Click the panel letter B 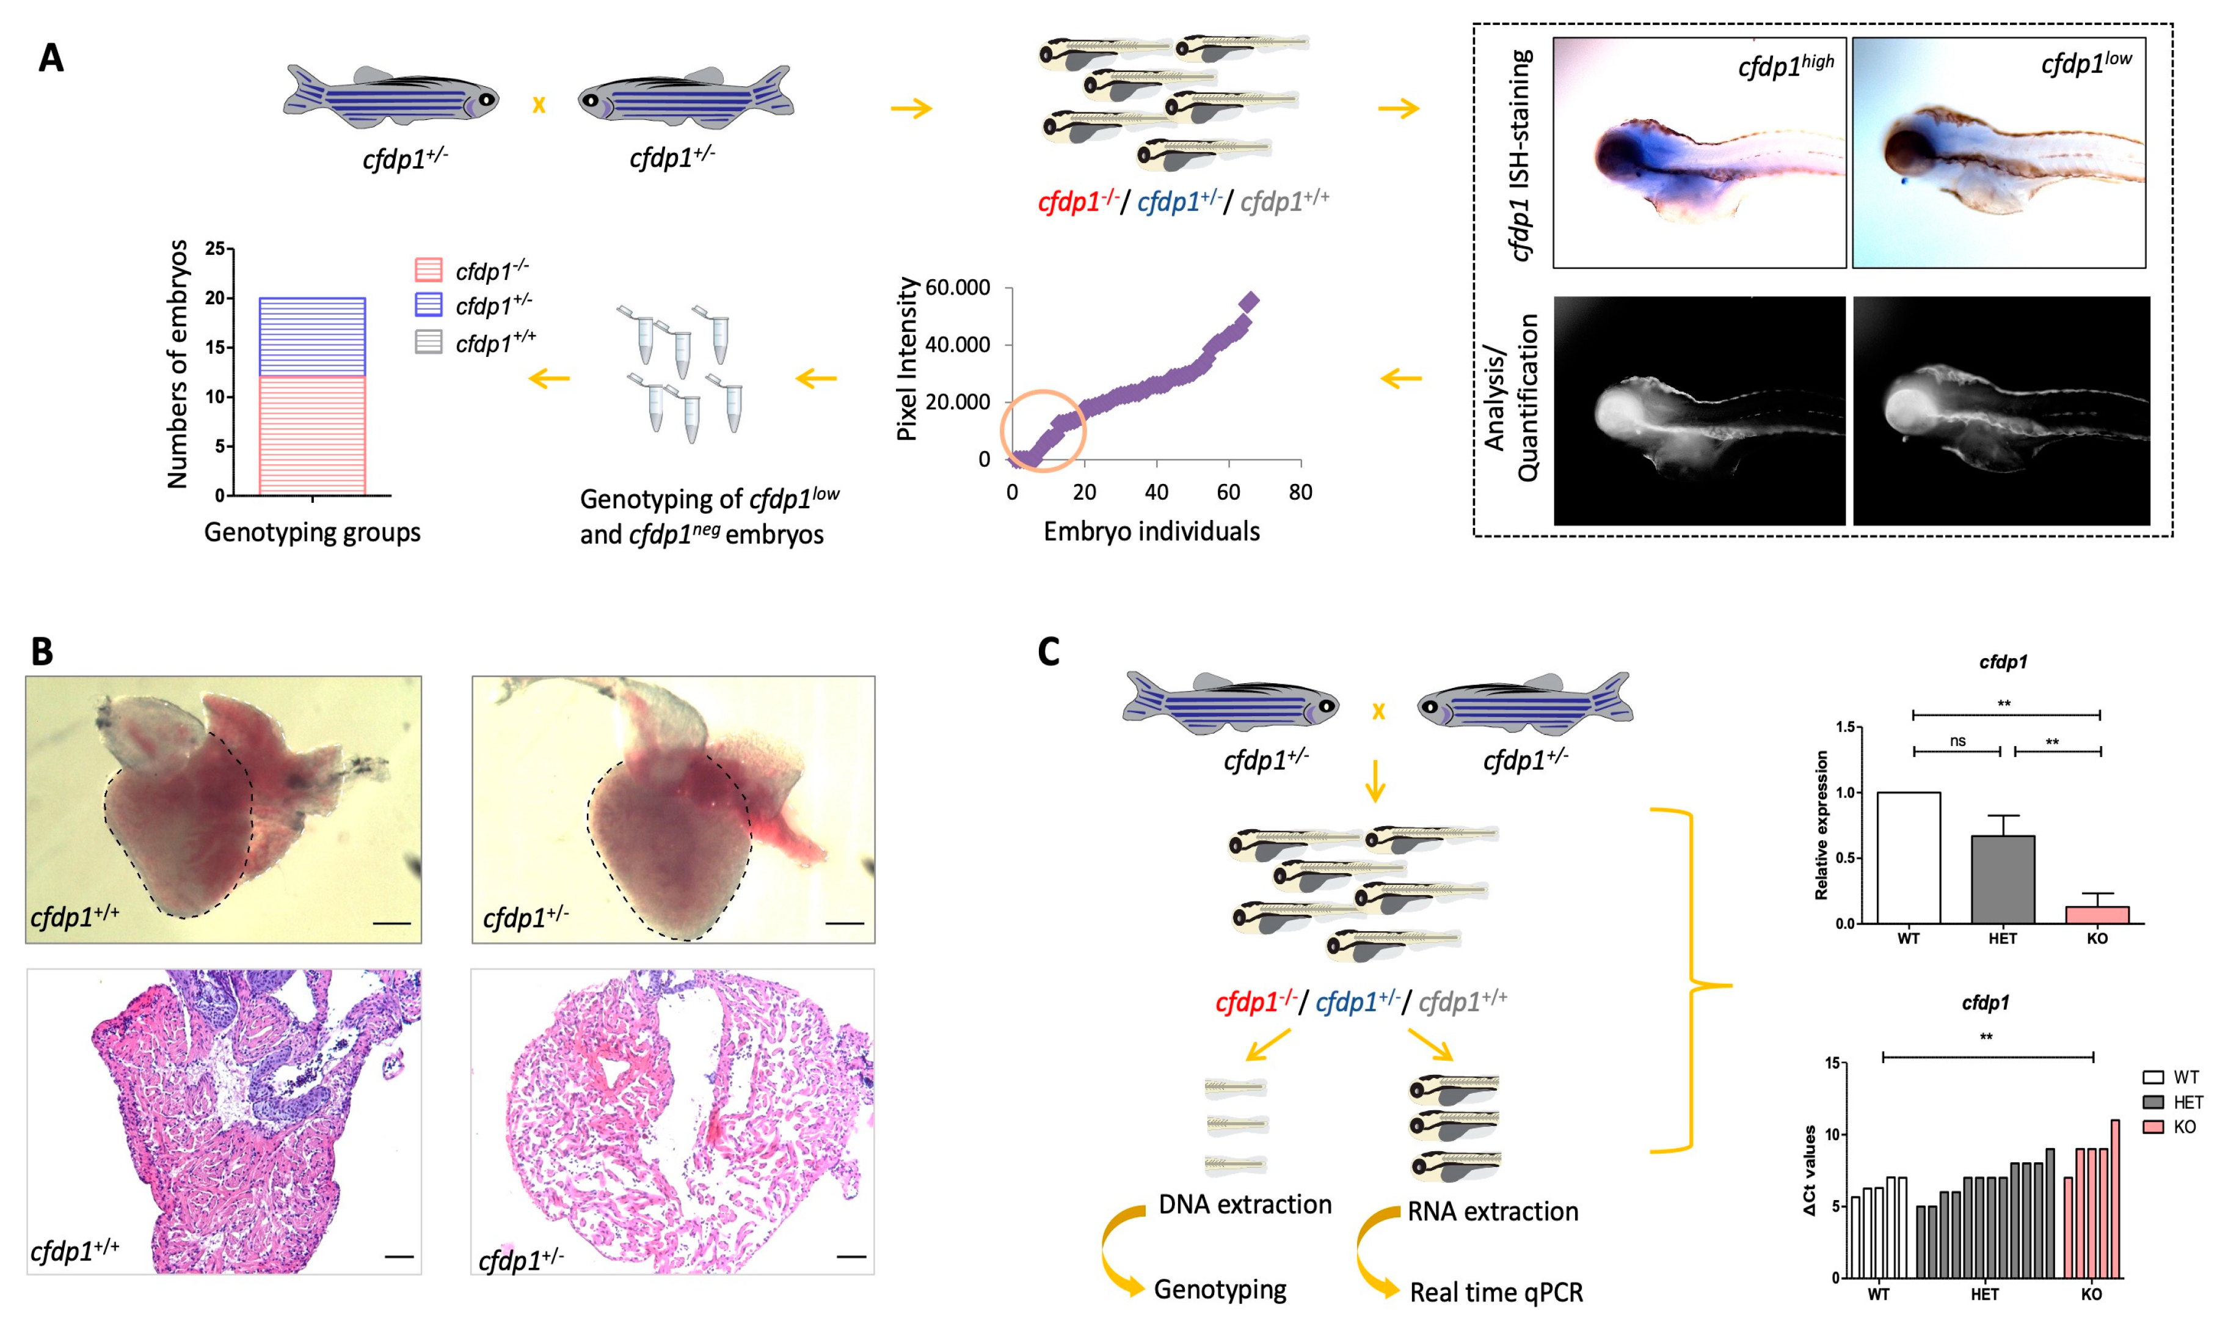pos(42,651)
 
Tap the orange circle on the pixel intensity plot pos(1043,431)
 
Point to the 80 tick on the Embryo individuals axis pos(1300,492)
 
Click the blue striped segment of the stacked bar pos(311,337)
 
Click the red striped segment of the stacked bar pos(311,435)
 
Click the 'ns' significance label pos(1957,741)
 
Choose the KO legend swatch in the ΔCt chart pos(2152,1127)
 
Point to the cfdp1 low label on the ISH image pos(2086,64)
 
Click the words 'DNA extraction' pos(1244,1204)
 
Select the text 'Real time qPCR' pos(1496,1292)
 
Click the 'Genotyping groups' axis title pos(311,533)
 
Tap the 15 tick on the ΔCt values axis pos(1832,1063)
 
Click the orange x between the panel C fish pos(1378,712)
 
